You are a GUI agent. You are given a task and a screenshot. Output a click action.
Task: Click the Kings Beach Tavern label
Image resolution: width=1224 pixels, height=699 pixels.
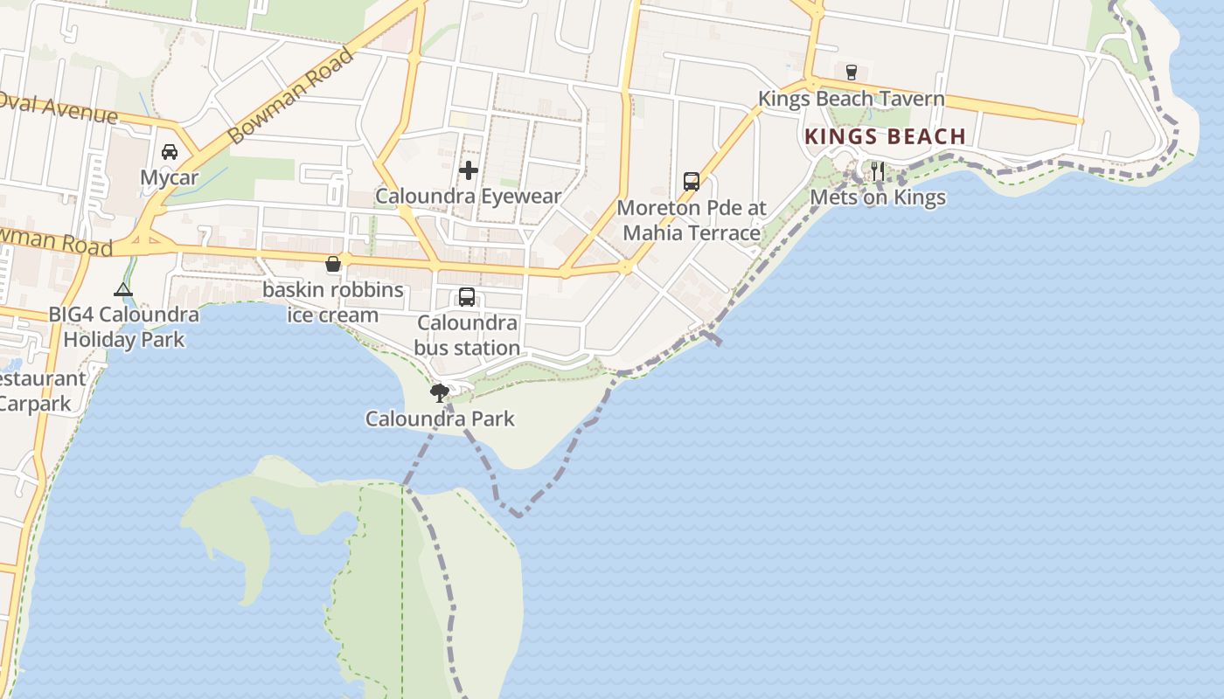pos(851,99)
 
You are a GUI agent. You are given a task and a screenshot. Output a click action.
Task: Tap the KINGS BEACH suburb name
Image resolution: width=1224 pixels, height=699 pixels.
pos(885,137)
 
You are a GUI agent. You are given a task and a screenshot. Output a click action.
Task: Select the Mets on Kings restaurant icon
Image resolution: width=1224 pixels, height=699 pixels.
pos(878,171)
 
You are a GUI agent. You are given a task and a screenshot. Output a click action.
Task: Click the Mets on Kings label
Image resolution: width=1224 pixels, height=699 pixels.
pos(878,197)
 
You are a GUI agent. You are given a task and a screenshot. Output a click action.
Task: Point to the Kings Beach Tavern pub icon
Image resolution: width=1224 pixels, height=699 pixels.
pos(852,72)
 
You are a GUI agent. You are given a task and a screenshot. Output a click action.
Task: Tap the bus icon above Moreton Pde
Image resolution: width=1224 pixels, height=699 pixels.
pos(692,182)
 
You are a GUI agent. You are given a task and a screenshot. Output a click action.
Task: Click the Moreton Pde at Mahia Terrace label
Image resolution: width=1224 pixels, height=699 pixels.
pos(692,220)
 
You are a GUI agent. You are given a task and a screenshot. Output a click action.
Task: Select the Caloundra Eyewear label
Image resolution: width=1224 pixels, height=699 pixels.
pos(468,196)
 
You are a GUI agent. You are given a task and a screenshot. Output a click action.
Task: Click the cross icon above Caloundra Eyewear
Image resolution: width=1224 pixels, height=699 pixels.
pos(469,170)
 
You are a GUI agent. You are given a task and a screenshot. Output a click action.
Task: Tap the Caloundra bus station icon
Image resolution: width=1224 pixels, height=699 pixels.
pos(467,297)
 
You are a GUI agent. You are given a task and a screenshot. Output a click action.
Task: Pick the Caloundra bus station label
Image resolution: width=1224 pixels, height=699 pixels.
pos(467,336)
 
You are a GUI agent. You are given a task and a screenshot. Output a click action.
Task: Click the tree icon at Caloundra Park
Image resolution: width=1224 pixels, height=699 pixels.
pos(440,392)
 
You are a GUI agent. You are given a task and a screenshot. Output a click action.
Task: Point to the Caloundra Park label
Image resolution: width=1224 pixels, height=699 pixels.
pos(440,419)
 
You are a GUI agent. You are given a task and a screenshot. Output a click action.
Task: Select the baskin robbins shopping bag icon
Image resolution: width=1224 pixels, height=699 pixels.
pos(333,264)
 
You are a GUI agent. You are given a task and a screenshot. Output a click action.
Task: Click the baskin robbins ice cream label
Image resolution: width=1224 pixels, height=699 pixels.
pos(333,302)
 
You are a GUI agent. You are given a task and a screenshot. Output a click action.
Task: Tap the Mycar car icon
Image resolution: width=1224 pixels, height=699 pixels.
pos(170,152)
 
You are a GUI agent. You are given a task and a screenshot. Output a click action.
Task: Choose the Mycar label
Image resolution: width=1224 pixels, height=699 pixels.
pos(170,178)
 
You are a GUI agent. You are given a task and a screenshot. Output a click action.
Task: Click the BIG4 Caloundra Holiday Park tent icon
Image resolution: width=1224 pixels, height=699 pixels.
pos(123,289)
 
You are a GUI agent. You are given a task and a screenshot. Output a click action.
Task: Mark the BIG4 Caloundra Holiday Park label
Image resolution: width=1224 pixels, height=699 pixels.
pos(123,327)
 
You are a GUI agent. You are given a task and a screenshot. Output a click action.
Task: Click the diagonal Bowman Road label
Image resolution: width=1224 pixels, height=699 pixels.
pos(290,95)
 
